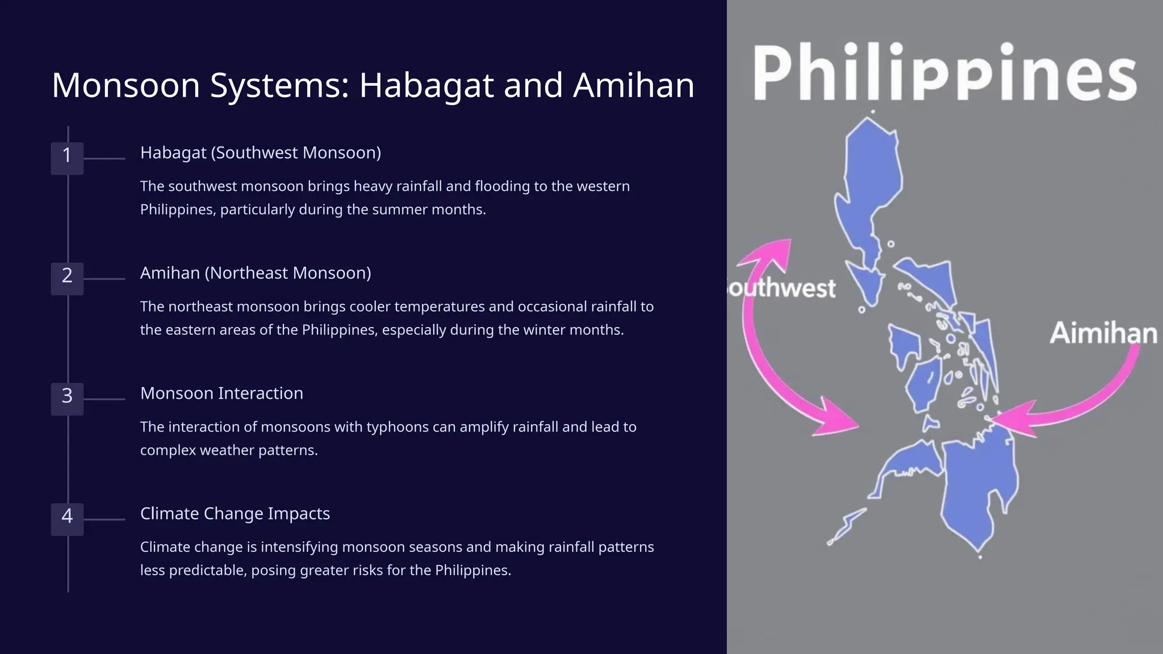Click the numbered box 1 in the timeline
(67, 158)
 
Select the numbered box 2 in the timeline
(67, 278)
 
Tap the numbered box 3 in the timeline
(67, 399)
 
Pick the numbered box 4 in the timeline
(67, 519)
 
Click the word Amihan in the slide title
(633, 86)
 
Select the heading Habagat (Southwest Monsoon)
(260, 153)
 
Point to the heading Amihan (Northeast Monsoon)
(256, 273)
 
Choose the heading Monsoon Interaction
(221, 393)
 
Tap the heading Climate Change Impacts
(235, 514)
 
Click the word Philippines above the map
(944, 74)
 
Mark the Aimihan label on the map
(1103, 333)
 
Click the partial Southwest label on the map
(783, 288)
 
